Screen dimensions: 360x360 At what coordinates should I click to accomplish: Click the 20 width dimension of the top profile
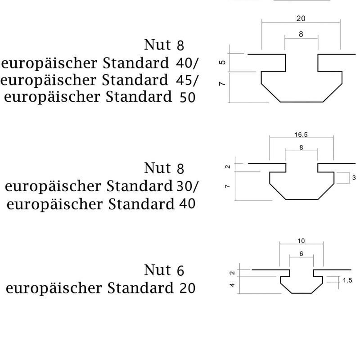coord(301,18)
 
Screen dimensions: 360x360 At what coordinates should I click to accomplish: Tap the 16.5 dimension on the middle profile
coord(301,135)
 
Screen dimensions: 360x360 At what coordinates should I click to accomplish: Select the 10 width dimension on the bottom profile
coord(301,241)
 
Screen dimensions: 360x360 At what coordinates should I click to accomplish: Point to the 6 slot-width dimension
coord(301,254)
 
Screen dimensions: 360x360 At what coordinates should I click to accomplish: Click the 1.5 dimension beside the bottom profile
coord(347,280)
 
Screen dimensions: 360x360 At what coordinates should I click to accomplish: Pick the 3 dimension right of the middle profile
coord(354,177)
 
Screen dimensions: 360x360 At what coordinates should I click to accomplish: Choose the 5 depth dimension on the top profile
coord(222,62)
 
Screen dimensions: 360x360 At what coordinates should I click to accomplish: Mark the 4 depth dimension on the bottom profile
coord(232,285)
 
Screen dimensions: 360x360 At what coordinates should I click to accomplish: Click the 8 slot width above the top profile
coord(301,34)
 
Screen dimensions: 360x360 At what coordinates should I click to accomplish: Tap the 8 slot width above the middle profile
coord(301,148)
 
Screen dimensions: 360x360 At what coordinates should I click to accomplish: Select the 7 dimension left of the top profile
coord(222,83)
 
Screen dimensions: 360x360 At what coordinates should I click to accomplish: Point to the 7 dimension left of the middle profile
coord(227,186)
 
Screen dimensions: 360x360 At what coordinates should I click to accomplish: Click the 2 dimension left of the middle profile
coord(228,166)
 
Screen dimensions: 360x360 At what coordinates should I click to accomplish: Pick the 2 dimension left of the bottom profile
coord(232,273)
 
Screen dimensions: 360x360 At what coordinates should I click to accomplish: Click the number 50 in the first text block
coord(187,97)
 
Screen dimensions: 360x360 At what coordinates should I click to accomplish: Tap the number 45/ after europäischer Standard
coord(186,81)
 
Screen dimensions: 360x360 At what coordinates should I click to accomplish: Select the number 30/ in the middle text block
coord(187,186)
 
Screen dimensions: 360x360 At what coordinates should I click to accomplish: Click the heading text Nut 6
coord(164,270)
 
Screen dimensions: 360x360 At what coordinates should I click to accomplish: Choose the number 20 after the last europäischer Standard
coord(187,288)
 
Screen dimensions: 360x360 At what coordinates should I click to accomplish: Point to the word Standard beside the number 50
coord(139,97)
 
